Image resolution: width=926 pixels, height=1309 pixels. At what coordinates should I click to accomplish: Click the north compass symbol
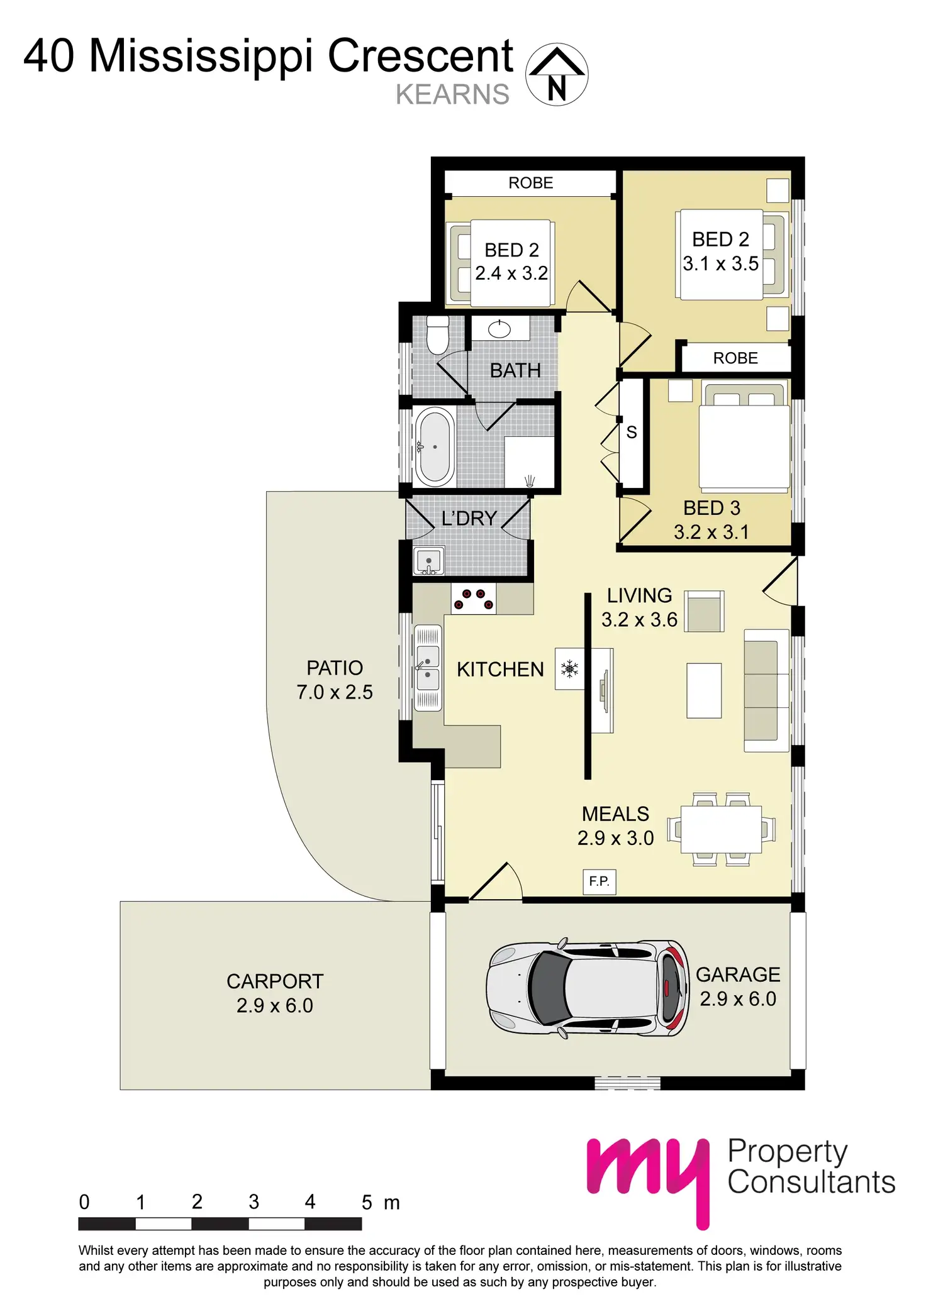(x=557, y=75)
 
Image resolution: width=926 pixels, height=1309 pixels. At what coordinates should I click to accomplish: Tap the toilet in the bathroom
(x=437, y=336)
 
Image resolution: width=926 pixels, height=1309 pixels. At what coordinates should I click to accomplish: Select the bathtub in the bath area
(x=435, y=447)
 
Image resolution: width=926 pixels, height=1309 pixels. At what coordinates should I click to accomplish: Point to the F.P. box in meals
(x=599, y=881)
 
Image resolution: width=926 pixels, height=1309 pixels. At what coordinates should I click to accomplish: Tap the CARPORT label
(x=275, y=981)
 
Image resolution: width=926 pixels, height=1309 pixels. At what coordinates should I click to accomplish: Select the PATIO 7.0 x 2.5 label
(x=335, y=680)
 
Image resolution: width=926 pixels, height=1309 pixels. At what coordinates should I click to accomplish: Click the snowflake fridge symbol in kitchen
(x=569, y=669)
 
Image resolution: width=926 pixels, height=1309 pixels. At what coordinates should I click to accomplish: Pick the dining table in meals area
(x=721, y=829)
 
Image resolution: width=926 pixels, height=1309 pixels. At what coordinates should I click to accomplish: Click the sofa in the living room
(x=766, y=690)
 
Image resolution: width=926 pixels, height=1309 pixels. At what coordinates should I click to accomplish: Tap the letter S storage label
(x=632, y=433)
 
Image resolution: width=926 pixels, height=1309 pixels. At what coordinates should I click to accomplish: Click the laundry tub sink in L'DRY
(x=428, y=561)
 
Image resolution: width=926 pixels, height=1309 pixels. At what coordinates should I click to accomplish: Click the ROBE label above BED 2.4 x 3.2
(x=530, y=183)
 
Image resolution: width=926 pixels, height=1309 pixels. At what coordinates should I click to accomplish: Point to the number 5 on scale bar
(x=367, y=1202)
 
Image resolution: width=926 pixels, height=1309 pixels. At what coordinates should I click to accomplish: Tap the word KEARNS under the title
(x=452, y=95)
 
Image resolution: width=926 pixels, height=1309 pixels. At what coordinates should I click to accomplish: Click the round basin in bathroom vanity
(x=499, y=329)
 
